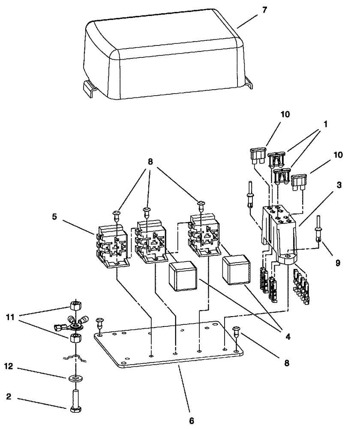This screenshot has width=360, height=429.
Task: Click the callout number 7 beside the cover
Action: coord(264,10)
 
